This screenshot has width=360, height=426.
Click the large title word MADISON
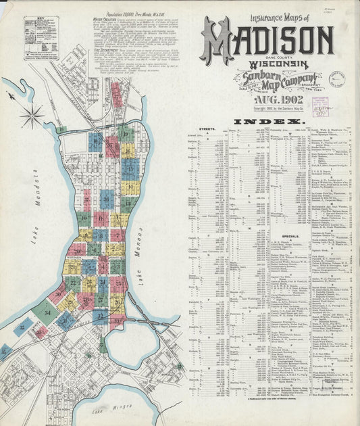point(267,42)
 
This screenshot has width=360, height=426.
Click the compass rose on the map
point(32,115)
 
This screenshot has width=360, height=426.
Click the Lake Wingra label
point(109,410)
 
